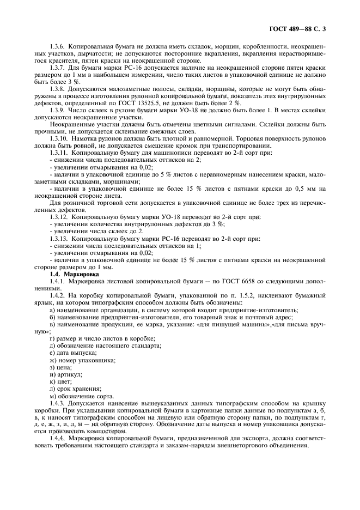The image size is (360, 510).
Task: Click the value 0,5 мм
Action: point(308,189)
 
